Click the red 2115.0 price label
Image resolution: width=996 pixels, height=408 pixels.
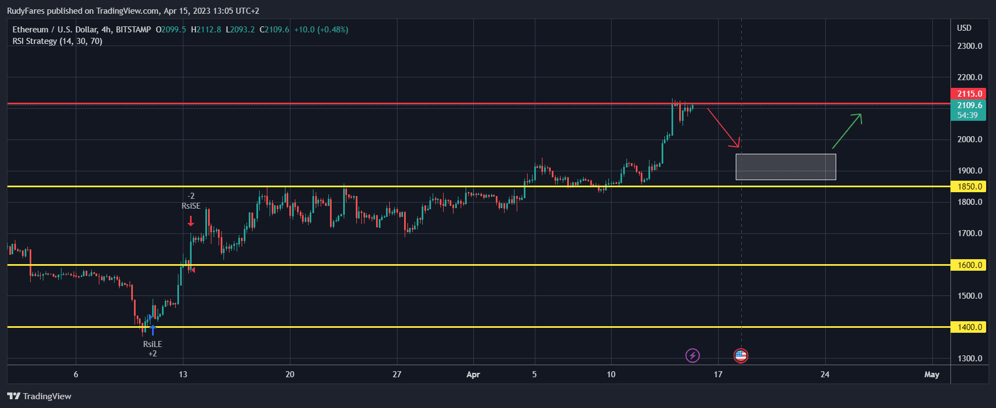pos(969,94)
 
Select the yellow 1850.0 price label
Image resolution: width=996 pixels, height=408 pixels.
pos(969,187)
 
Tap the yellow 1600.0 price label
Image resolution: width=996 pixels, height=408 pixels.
pos(969,265)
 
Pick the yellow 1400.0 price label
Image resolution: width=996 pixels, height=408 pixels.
pos(969,327)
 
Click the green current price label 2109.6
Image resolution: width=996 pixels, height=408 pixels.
pos(969,105)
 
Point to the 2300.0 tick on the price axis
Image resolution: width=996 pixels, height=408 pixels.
pos(969,46)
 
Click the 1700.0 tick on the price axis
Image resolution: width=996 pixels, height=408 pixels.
pos(969,233)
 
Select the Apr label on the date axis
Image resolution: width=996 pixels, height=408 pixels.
pos(473,375)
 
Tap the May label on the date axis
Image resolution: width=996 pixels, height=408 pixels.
pos(931,375)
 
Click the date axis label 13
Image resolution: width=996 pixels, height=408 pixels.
pos(183,375)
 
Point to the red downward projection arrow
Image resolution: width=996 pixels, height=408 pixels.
pos(724,128)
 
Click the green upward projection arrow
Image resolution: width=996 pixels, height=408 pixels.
pos(847,131)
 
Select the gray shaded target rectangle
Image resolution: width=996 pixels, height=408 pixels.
pos(786,167)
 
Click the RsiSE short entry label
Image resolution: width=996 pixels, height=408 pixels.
pos(191,206)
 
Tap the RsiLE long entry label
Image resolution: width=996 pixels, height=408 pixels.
pos(153,344)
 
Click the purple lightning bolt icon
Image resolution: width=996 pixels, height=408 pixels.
pos(693,356)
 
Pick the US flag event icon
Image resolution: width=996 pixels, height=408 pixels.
pos(741,356)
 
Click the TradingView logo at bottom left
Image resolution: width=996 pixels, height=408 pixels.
pos(40,396)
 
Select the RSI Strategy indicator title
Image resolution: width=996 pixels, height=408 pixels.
pos(57,41)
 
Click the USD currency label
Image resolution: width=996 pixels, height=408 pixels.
pos(964,28)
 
